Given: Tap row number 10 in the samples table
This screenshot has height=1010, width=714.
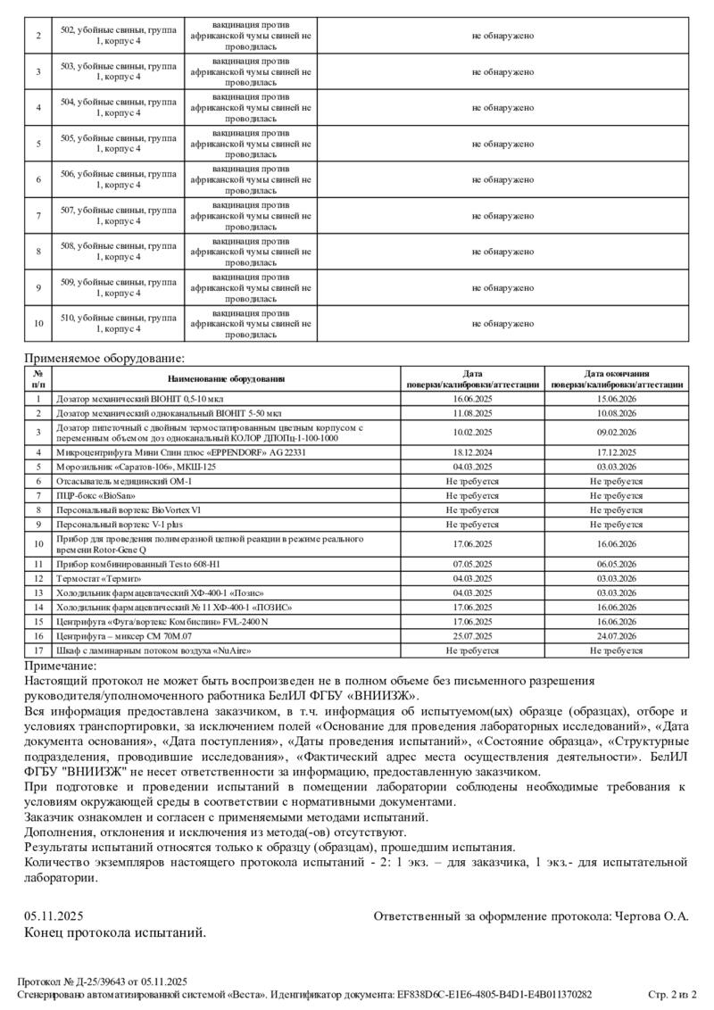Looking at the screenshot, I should (x=37, y=323).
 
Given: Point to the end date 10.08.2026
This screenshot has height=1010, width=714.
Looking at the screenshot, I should (x=617, y=413).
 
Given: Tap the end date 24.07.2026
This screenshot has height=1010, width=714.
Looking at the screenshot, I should (x=617, y=636).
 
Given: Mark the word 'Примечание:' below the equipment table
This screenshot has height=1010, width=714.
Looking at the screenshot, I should (x=60, y=666).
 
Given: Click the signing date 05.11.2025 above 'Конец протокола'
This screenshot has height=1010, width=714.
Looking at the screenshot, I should (x=54, y=916).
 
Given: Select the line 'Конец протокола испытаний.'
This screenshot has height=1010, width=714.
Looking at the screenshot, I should (x=115, y=932).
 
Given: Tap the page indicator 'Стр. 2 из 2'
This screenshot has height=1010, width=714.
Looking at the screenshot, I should (x=672, y=994).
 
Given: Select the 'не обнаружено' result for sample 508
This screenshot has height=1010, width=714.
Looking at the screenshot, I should (x=502, y=252).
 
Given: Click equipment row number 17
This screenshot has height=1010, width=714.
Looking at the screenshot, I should (x=38, y=650).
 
